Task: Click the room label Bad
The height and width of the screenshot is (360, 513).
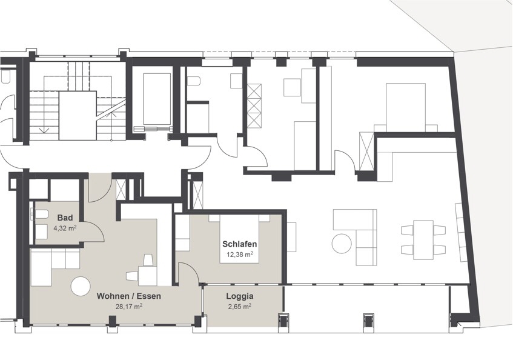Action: [x=65, y=218]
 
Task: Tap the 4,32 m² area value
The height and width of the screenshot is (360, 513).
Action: [x=65, y=228]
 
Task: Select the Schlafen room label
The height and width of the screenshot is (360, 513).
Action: [x=239, y=244]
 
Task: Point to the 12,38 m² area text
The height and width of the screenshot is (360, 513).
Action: [x=239, y=255]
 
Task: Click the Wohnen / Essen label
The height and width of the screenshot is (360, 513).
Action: [x=129, y=296]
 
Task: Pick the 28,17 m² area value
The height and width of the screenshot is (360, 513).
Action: [x=129, y=307]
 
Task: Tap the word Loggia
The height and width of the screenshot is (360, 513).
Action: [x=240, y=296]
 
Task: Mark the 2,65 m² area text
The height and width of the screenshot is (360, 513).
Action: [x=240, y=307]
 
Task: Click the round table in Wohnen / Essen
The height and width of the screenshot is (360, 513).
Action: [x=81, y=286]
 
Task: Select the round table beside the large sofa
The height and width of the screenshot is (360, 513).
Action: [x=342, y=243]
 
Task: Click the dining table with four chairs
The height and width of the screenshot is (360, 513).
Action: [x=423, y=240]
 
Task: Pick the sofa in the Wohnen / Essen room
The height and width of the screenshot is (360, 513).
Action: [x=55, y=265]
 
